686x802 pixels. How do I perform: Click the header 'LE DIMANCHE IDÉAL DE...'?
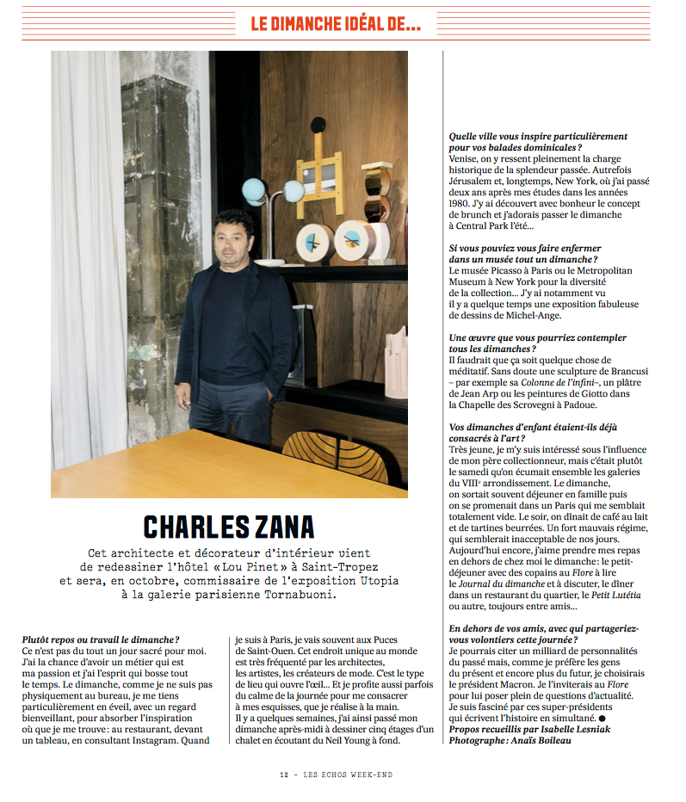coord(336,24)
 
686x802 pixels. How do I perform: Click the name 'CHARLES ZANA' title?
coord(229,526)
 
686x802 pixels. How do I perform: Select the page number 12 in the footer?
coord(283,774)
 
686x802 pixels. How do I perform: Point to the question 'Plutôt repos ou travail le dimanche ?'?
coord(101,639)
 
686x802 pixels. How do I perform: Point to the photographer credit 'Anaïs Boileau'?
coord(548,739)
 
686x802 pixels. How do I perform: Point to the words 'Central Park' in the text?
coord(495,225)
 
